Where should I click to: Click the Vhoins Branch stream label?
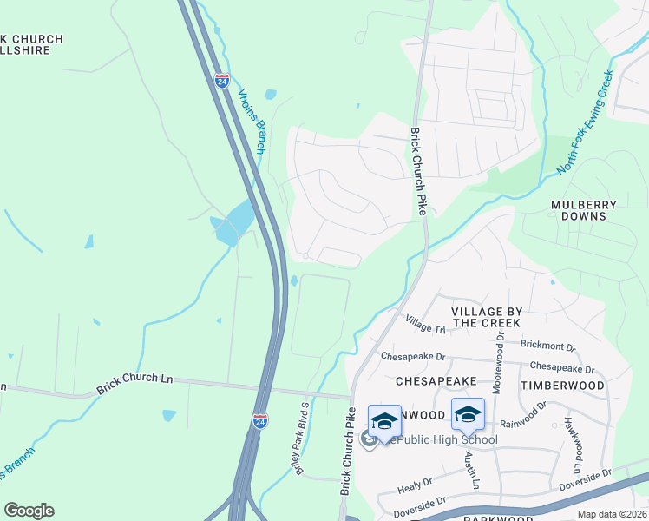pos(251,122)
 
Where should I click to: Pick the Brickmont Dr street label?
pos(547,345)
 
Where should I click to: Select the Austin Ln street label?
pos(470,470)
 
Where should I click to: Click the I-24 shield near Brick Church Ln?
pos(259,420)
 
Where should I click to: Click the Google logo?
pos(29,511)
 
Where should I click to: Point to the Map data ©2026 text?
pos(612,514)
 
